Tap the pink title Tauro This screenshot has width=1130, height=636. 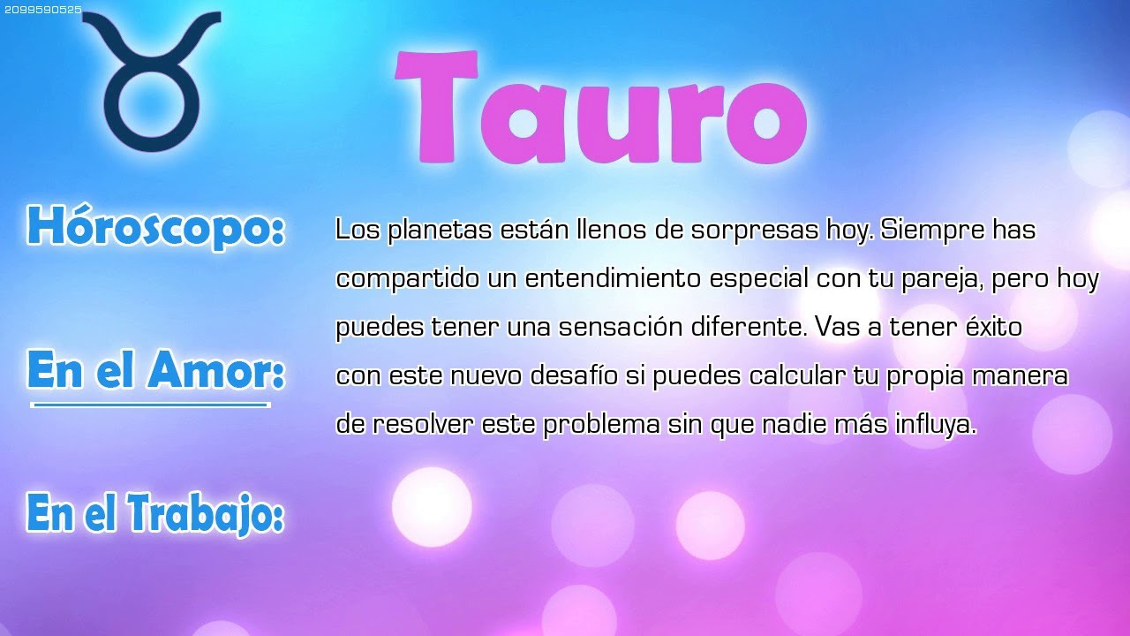tap(600, 107)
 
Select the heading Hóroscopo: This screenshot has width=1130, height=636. tap(156, 227)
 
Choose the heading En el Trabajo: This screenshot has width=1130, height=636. tap(155, 513)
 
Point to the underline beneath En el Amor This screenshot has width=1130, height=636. tap(150, 405)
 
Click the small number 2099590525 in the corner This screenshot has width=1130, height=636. tap(42, 10)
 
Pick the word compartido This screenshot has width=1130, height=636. tap(408, 279)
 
